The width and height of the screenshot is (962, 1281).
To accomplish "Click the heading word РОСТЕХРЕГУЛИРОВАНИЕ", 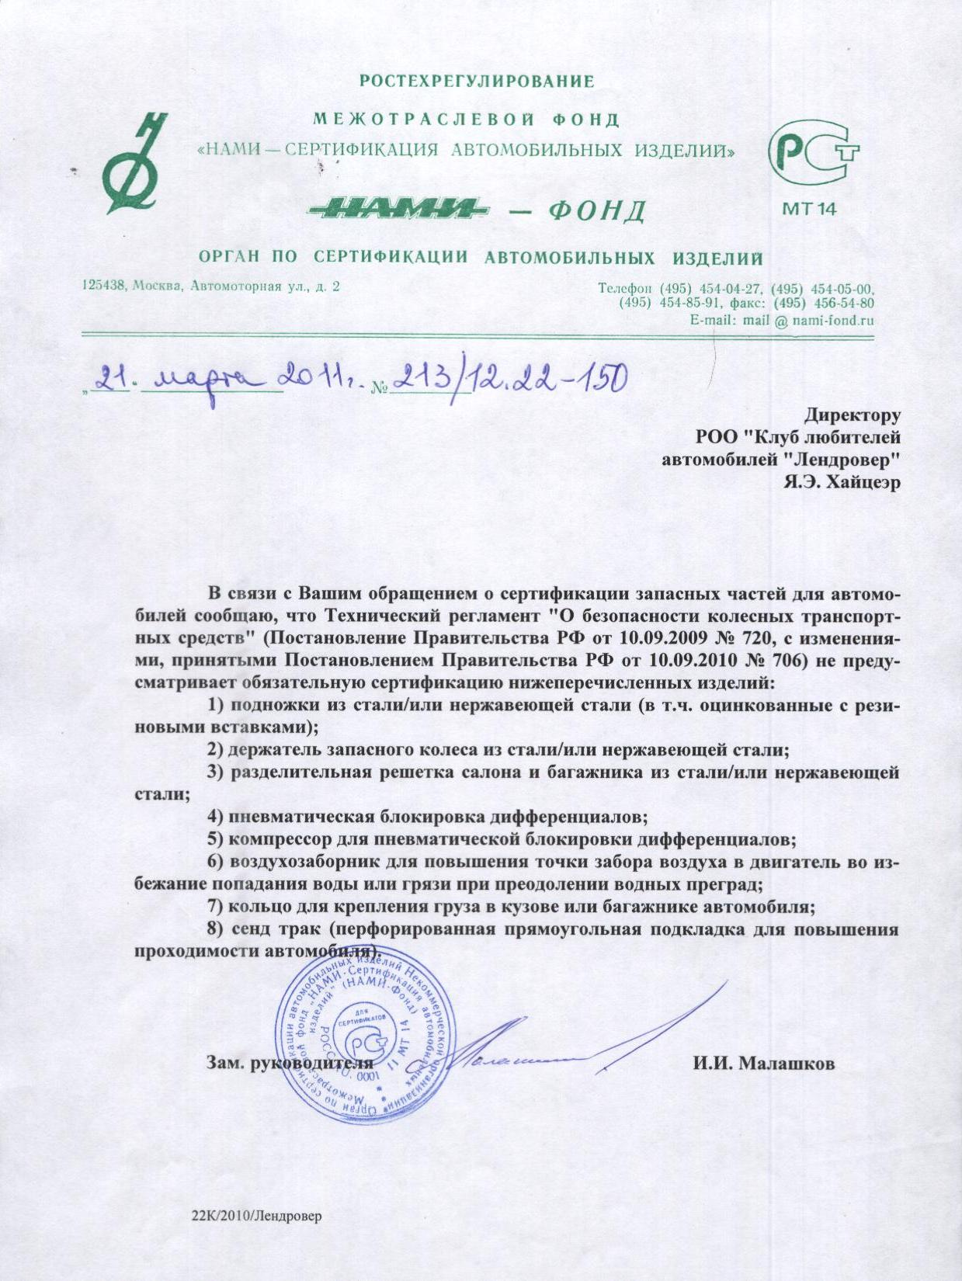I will pyautogui.click(x=478, y=81).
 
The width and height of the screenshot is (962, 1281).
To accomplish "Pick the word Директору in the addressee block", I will pyautogui.click(x=852, y=415).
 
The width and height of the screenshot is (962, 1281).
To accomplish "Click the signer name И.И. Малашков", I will pyautogui.click(x=764, y=1064).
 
